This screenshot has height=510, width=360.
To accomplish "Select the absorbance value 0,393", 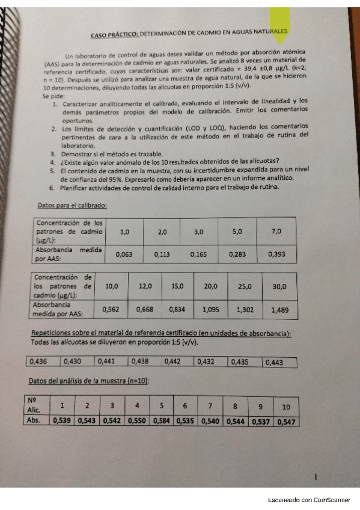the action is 276,254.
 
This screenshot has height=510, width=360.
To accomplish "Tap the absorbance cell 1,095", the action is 211,309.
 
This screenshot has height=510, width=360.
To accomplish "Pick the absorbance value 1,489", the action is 280,310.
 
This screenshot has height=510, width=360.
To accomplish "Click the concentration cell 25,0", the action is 245,287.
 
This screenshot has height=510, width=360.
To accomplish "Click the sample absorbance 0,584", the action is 161,420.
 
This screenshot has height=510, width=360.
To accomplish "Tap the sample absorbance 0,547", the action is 287,422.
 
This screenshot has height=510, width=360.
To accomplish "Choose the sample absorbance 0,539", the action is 62,420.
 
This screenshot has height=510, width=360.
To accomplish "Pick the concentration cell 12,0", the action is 146,287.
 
